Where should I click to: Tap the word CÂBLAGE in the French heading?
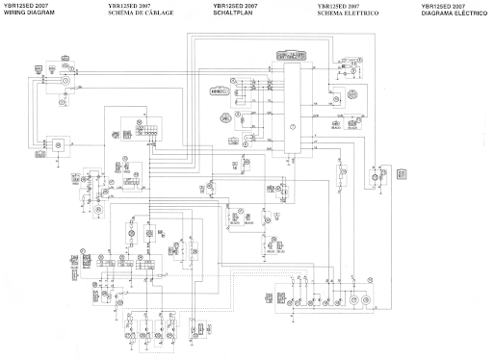point(159,13)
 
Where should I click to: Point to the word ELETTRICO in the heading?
point(358,13)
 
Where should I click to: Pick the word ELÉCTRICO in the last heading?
point(473,13)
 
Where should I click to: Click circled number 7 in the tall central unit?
point(292,128)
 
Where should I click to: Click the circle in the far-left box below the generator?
point(55,142)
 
